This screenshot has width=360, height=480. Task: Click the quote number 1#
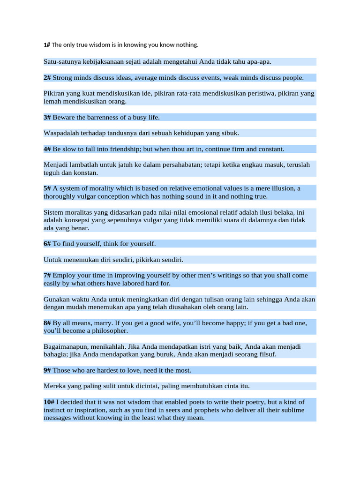point(47,45)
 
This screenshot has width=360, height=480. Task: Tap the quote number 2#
point(47,78)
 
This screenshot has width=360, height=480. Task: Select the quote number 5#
point(47,188)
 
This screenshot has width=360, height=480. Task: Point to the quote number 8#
point(47,323)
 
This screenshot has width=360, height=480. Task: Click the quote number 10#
point(49,402)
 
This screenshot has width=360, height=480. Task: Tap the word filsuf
point(268,354)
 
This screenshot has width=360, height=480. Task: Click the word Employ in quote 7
point(64,276)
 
